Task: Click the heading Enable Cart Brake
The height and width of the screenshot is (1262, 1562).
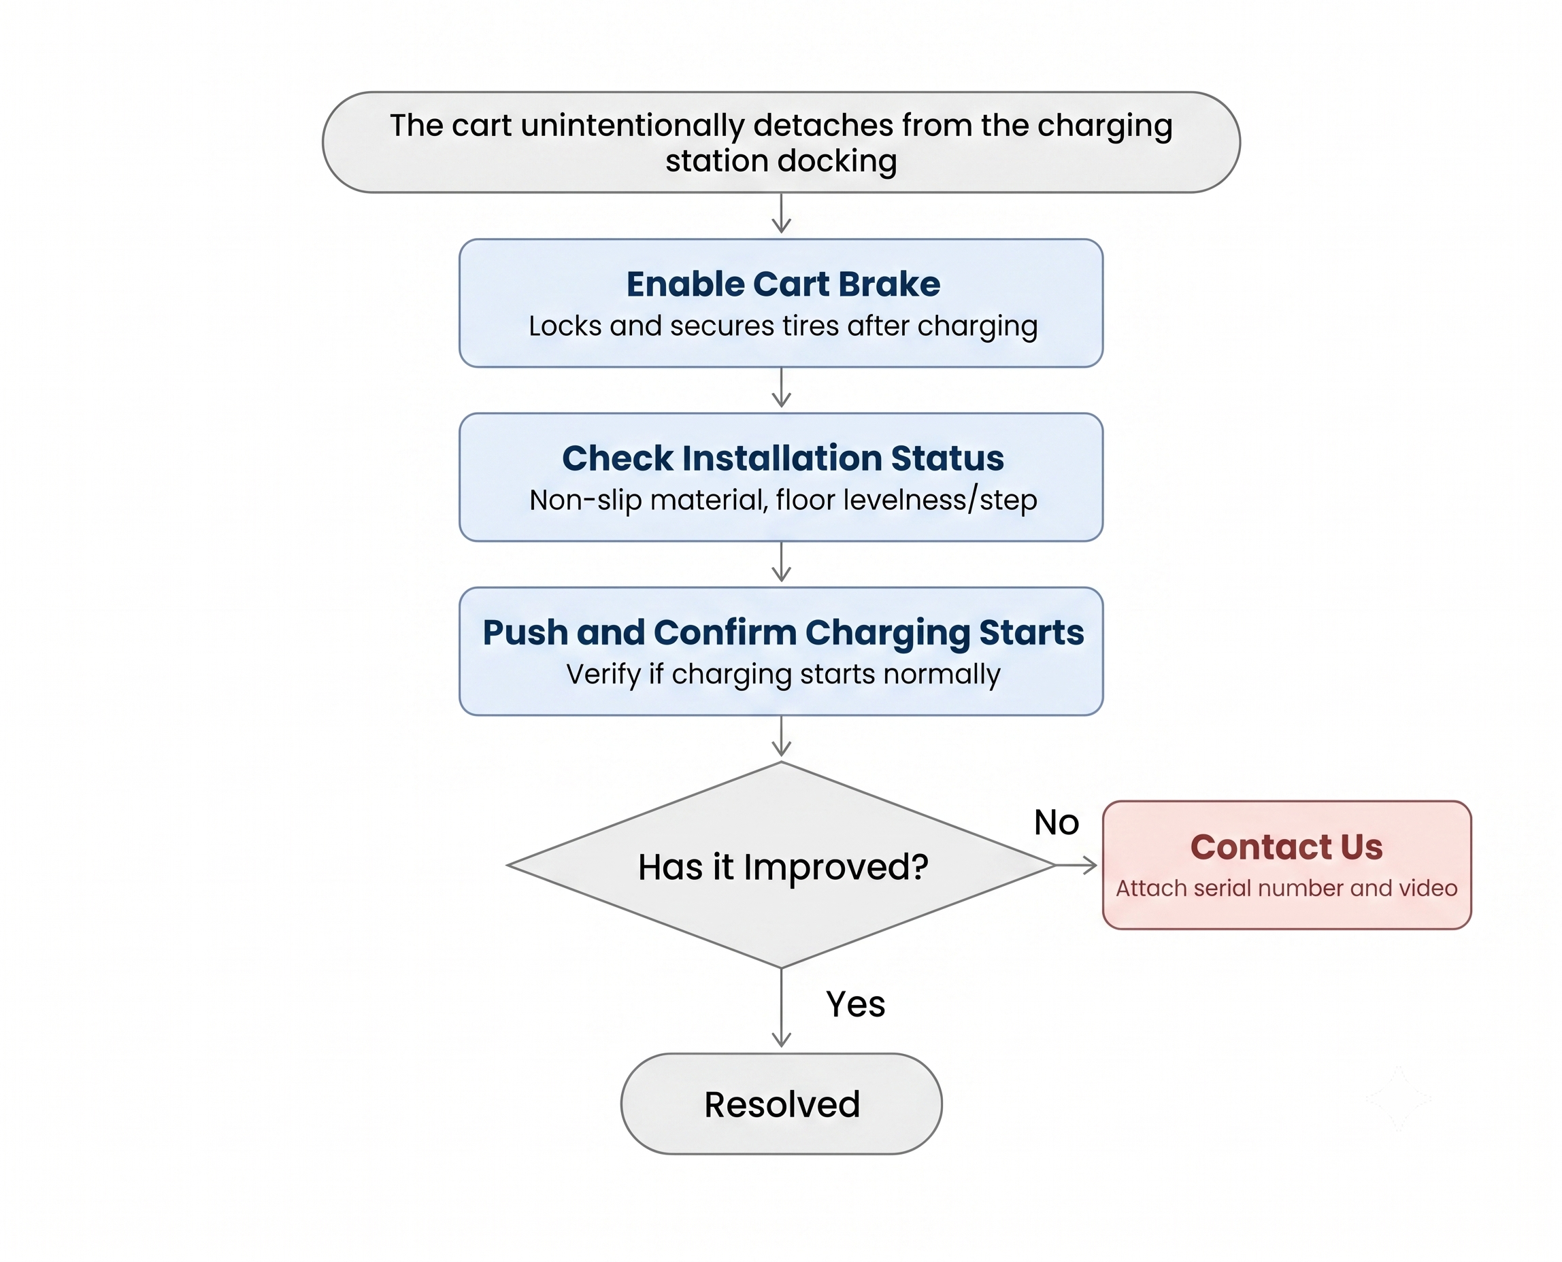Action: coord(782,284)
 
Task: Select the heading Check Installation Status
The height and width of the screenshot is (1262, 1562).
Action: coord(782,458)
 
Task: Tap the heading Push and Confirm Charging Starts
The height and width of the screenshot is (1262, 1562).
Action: coord(782,632)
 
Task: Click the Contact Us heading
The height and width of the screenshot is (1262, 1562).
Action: coord(1286,847)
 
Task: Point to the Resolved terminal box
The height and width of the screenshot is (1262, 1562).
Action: coord(781,1104)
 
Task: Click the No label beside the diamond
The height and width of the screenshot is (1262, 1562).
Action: coord(1056,822)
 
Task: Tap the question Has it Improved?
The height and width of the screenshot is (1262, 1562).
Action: coord(782,866)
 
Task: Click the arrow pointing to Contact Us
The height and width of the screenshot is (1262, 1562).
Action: coord(1076,865)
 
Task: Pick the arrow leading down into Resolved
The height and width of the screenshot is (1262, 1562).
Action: coord(781,1008)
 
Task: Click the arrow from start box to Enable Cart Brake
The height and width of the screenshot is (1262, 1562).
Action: coord(781,213)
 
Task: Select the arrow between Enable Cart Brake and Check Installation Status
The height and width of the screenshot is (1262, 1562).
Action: coord(781,388)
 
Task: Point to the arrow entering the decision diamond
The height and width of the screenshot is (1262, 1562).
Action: coord(781,736)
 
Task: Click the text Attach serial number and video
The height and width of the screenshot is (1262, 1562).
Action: coord(1286,887)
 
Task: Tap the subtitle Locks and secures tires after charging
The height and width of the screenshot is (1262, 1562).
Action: coord(782,326)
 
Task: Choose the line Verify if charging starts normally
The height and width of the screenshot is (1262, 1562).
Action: coord(782,675)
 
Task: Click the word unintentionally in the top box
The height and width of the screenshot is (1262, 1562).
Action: coord(632,126)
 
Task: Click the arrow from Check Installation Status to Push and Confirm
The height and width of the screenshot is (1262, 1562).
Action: coord(781,562)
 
